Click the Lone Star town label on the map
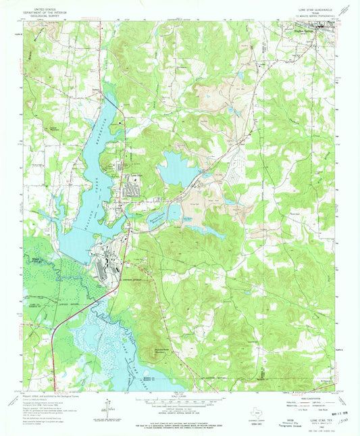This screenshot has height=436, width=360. tap(136, 177)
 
